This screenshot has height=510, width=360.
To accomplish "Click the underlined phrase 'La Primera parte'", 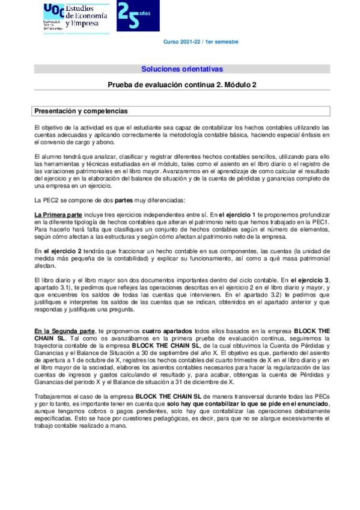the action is point(58,214).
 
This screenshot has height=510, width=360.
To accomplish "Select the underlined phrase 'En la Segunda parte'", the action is point(64,331).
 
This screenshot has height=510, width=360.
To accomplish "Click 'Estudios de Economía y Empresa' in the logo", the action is point(86,17).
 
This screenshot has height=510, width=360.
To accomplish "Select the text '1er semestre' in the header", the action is point(222,42).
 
